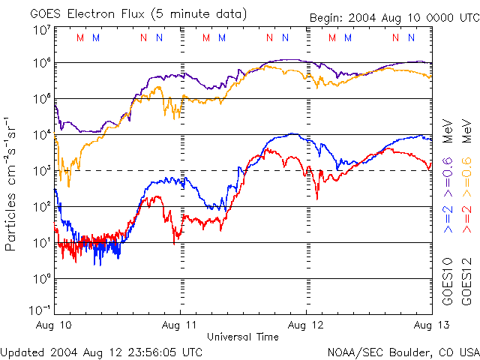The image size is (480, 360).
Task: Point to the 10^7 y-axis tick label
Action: (x=41, y=30)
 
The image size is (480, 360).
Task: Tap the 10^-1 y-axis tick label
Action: (x=40, y=309)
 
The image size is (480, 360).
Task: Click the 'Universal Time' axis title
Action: (x=242, y=337)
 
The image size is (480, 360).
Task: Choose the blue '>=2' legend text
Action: (x=448, y=217)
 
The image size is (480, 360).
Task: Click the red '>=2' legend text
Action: (x=466, y=217)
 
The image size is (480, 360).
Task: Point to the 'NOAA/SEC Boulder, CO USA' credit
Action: (x=403, y=352)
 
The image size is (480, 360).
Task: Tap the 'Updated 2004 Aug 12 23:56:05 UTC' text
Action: (x=101, y=352)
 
